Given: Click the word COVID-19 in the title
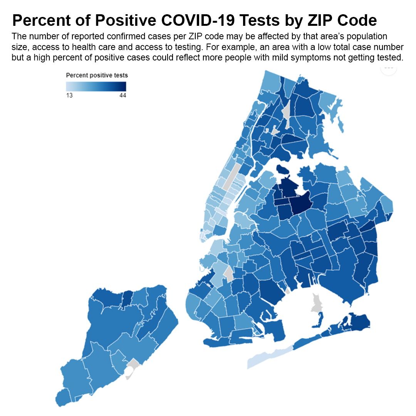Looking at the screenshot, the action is tap(198, 20).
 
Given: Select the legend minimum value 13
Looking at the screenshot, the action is tap(69, 95).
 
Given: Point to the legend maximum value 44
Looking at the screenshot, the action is tap(122, 95).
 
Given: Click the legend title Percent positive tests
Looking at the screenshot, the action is tap(97, 75).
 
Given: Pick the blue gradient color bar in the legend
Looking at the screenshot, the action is tap(96, 87).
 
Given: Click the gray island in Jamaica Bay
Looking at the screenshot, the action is tap(316, 303).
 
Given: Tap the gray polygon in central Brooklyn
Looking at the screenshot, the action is tap(228, 274).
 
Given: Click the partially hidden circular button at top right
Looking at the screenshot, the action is tap(389, 69).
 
